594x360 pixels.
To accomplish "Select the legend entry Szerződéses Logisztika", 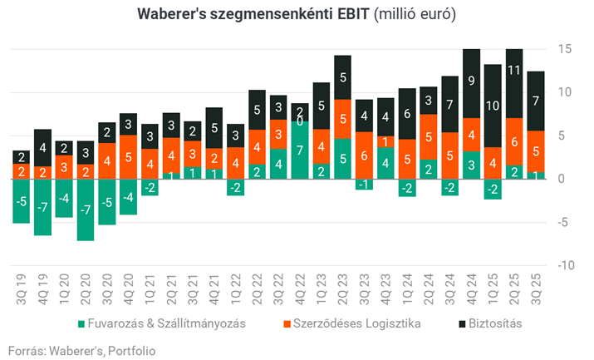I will click(x=363, y=323).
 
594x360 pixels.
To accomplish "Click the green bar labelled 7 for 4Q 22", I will click(x=300, y=150).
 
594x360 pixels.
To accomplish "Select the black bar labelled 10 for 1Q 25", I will click(x=493, y=106).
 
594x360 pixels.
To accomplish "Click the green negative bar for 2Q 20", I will click(x=86, y=210).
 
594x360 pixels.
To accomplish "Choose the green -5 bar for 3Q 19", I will click(x=22, y=201).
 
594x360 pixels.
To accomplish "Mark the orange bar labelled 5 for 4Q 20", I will click(x=128, y=155).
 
